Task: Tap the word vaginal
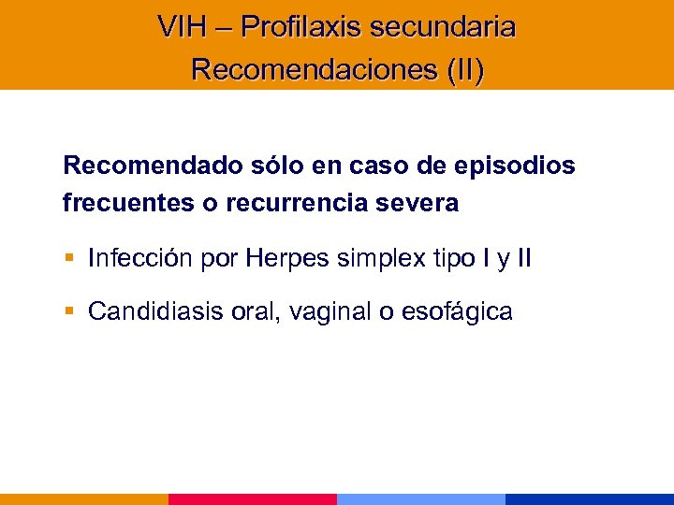pos(330,311)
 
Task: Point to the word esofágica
pos(457,311)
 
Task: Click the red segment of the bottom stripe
pos(253,499)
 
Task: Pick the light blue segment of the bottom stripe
pos(421,499)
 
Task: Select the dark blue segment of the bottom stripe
pos(590,499)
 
